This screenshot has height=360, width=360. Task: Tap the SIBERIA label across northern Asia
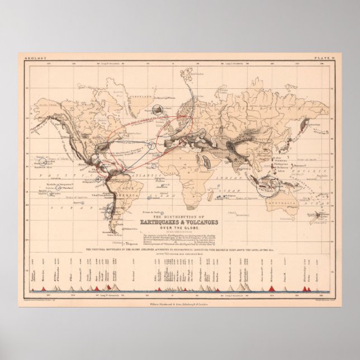[246, 92]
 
